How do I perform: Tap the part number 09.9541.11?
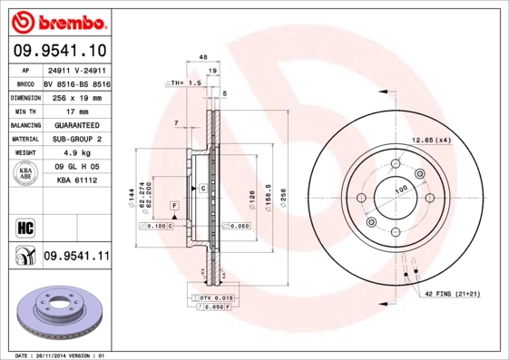[x=76, y=256]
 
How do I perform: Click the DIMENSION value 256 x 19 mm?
[x=76, y=96]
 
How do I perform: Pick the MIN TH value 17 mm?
[x=76, y=110]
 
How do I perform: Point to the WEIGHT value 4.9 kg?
[x=76, y=153]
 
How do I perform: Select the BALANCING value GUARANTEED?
[x=76, y=124]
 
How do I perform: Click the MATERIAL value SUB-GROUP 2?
[x=76, y=139]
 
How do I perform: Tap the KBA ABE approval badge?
[x=26, y=173]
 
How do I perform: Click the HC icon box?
[x=24, y=225]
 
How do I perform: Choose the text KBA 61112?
[x=76, y=180]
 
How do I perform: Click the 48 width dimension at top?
[x=203, y=56]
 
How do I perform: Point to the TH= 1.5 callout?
[x=183, y=82]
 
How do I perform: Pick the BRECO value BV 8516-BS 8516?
[x=76, y=82]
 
